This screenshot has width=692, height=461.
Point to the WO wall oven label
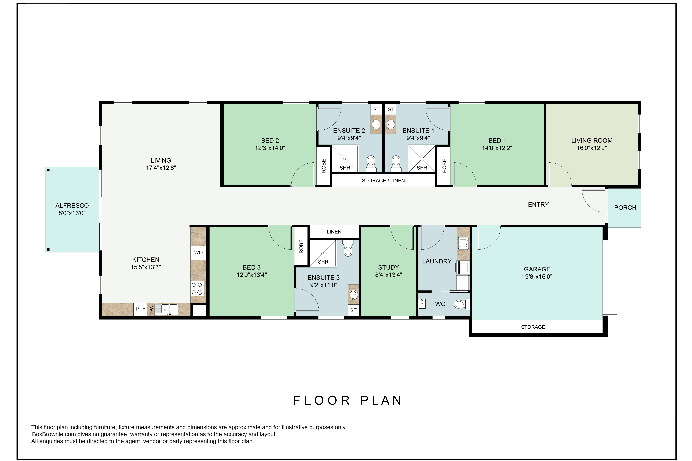pyautogui.click(x=198, y=253)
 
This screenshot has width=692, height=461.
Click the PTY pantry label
pyautogui.click(x=141, y=309)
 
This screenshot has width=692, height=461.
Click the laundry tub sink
pyautogui.click(x=463, y=243)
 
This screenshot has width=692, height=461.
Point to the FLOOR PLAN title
pyautogui.click(x=347, y=400)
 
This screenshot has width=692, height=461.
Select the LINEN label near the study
pyautogui.click(x=334, y=232)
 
